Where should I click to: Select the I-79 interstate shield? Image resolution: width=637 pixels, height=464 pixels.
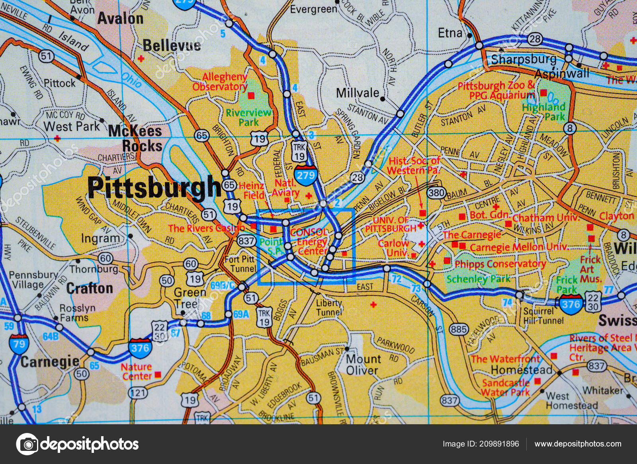pyautogui.click(x=19, y=343)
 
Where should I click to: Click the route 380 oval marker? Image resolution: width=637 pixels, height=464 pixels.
pyautogui.click(x=436, y=193)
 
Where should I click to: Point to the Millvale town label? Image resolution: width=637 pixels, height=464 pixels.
pyautogui.click(x=358, y=93)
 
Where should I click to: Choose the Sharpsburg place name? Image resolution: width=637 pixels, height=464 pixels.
pyautogui.click(x=524, y=60)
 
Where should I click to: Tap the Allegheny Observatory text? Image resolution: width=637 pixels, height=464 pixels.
pyautogui.click(x=220, y=82)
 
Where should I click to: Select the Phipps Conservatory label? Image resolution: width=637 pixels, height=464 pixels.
pyautogui.click(x=500, y=264)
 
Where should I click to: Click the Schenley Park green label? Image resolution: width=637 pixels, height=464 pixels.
pyautogui.click(x=478, y=279)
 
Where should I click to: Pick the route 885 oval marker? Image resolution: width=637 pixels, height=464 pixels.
pyautogui.click(x=458, y=329)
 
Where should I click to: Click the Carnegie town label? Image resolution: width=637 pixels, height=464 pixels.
pyautogui.click(x=50, y=362)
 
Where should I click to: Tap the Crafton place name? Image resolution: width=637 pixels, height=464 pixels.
pyautogui.click(x=89, y=288)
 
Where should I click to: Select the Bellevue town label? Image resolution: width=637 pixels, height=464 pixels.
pyautogui.click(x=172, y=45)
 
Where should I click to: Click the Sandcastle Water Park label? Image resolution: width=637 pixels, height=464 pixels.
pyautogui.click(x=506, y=387)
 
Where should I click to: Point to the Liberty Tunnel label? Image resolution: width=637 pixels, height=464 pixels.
pyautogui.click(x=329, y=307)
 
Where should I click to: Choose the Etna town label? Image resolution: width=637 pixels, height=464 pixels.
pyautogui.click(x=450, y=33)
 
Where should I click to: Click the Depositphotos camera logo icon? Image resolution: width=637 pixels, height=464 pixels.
pyautogui.click(x=27, y=444)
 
